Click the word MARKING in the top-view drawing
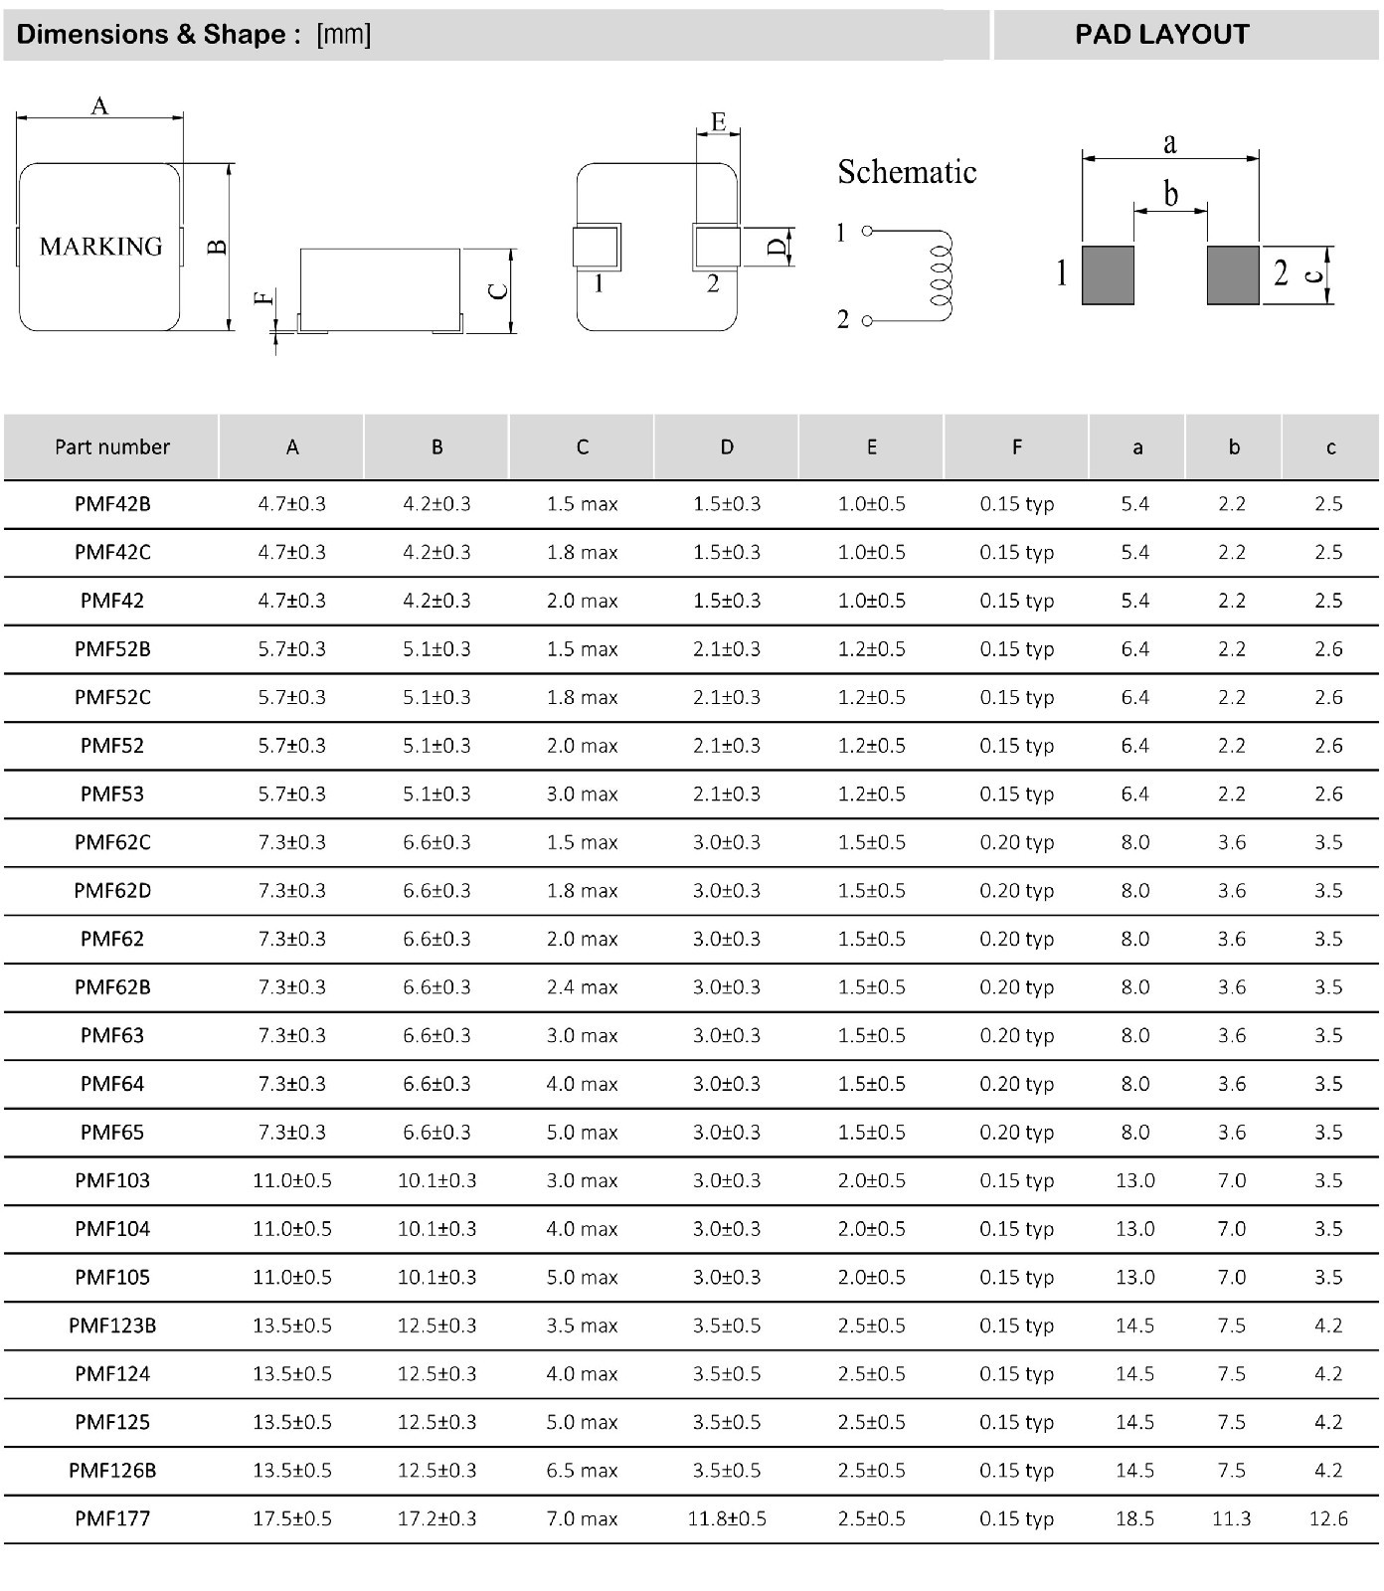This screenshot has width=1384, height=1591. point(100,246)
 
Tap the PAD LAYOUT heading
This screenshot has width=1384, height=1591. point(1161,35)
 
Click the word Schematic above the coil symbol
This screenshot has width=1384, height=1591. point(907,172)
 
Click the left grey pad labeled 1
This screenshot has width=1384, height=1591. point(1108,274)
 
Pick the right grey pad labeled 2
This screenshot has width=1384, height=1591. point(1233,274)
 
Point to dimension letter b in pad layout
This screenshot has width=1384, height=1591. point(1171,193)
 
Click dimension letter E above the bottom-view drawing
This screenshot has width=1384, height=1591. point(718,122)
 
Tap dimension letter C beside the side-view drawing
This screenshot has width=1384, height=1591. point(499,290)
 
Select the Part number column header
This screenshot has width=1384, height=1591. point(112,447)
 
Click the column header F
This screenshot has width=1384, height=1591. point(1016,447)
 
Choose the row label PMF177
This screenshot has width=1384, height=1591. point(112,1518)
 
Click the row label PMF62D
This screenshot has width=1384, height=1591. point(112,890)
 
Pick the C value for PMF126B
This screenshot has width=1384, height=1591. point(582,1470)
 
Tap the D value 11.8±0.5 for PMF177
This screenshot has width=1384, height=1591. point(727,1518)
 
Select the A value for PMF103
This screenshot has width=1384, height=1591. point(292,1180)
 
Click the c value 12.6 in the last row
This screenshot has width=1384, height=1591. point(1328,1518)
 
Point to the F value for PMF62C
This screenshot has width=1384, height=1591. point(1016,842)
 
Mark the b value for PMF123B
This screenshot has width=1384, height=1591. point(1232,1326)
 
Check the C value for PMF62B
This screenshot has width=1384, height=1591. point(582,987)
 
